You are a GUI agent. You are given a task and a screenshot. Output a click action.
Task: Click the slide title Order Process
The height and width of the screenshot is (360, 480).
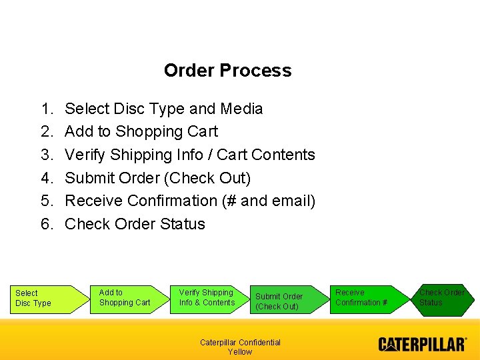coord(227,71)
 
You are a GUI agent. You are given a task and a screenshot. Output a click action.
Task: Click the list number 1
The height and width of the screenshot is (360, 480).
coord(47,109)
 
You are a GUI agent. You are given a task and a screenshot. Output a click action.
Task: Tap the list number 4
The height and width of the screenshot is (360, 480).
coord(47,178)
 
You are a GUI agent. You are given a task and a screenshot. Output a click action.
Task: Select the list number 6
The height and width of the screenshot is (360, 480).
coord(47,224)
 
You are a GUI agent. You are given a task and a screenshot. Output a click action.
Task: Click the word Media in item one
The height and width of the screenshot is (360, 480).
coord(241,109)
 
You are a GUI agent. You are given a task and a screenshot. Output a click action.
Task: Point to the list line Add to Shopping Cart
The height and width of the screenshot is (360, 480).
coord(141,131)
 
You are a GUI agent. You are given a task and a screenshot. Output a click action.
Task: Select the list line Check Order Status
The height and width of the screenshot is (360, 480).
coord(135,224)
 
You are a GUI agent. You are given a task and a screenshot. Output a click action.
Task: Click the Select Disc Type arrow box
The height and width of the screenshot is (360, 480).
coord(40,299)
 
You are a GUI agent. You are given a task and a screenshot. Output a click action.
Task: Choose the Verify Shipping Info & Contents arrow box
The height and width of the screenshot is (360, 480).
coord(209,298)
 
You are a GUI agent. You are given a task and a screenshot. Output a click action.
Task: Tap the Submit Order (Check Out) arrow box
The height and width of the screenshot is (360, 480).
coord(283,301)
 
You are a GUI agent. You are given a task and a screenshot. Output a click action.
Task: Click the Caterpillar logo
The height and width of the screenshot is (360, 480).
coord(423,345)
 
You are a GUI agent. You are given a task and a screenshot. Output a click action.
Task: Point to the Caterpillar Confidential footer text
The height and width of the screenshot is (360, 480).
coord(240,343)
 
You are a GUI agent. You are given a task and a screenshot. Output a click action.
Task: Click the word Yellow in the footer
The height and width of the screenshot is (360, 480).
coord(240,352)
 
